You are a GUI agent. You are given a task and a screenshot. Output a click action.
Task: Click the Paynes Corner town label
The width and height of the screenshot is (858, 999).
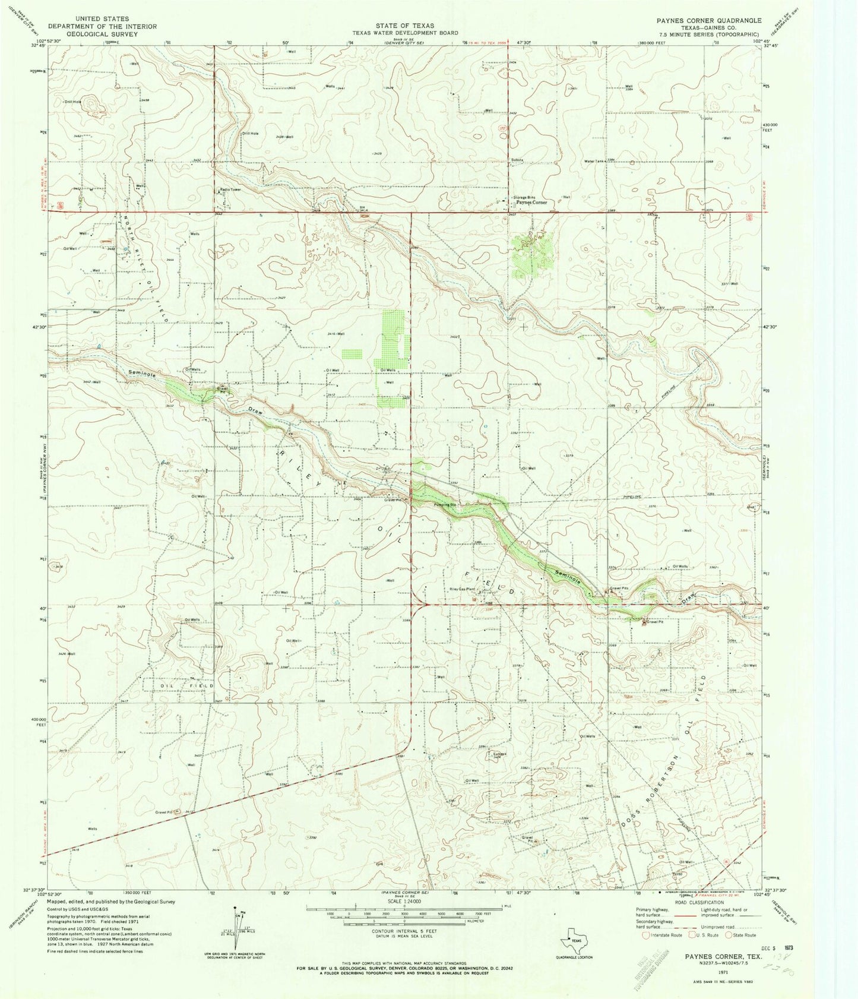[531, 203]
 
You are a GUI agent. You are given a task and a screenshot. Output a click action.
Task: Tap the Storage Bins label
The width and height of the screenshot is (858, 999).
[524, 197]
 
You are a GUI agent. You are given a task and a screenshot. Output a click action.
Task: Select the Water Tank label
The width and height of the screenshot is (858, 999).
[594, 161]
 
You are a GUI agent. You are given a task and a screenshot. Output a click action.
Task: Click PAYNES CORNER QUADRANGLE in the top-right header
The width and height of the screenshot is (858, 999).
[708, 20]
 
